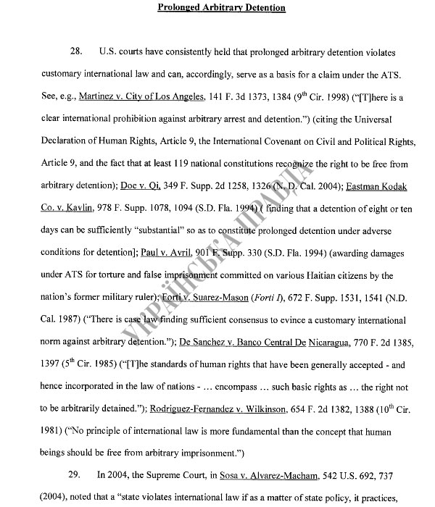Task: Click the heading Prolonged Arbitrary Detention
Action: coord(221,8)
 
